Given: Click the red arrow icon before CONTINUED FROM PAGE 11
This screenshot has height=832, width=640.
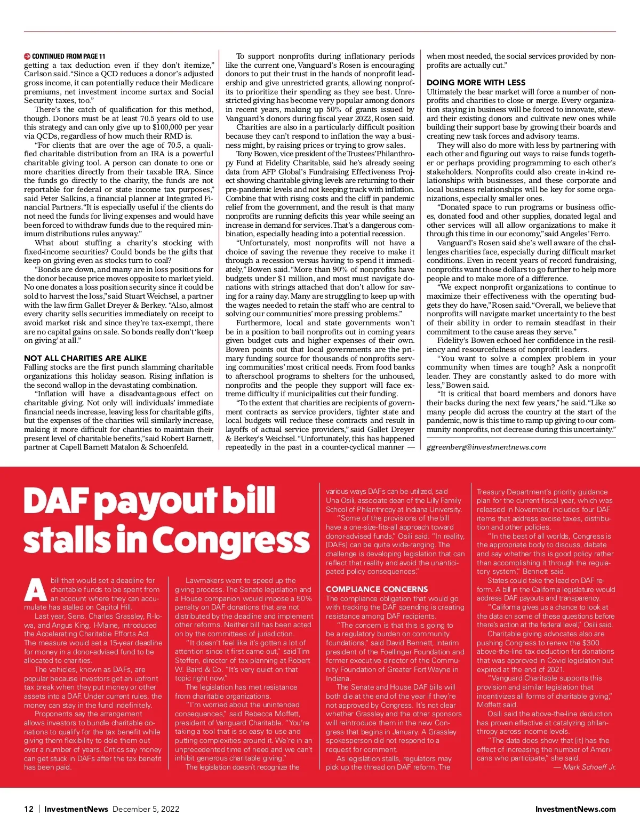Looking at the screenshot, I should [x=27, y=56].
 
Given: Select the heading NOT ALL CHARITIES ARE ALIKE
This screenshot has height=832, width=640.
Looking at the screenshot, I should [x=85, y=358].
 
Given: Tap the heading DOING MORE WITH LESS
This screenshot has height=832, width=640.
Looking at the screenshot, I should [x=476, y=83].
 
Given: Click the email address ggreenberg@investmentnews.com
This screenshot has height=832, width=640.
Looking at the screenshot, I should [x=486, y=447].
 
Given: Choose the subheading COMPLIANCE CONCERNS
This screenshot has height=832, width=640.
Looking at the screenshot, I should [x=377, y=589].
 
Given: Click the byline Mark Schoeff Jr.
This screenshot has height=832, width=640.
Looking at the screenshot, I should [x=589, y=767].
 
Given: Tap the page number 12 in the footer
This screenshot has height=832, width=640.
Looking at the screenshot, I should [x=29, y=809].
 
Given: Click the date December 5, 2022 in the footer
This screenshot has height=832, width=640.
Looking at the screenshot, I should [x=146, y=809].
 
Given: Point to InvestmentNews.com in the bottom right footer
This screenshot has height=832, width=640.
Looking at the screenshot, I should [x=575, y=809].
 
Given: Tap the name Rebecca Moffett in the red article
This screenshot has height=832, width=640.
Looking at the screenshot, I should [x=265, y=714].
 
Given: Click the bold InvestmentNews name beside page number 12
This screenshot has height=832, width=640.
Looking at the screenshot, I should [x=76, y=809].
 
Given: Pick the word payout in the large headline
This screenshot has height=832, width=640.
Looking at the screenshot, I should [x=157, y=502].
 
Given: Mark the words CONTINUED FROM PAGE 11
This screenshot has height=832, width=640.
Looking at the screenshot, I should [x=69, y=56].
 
